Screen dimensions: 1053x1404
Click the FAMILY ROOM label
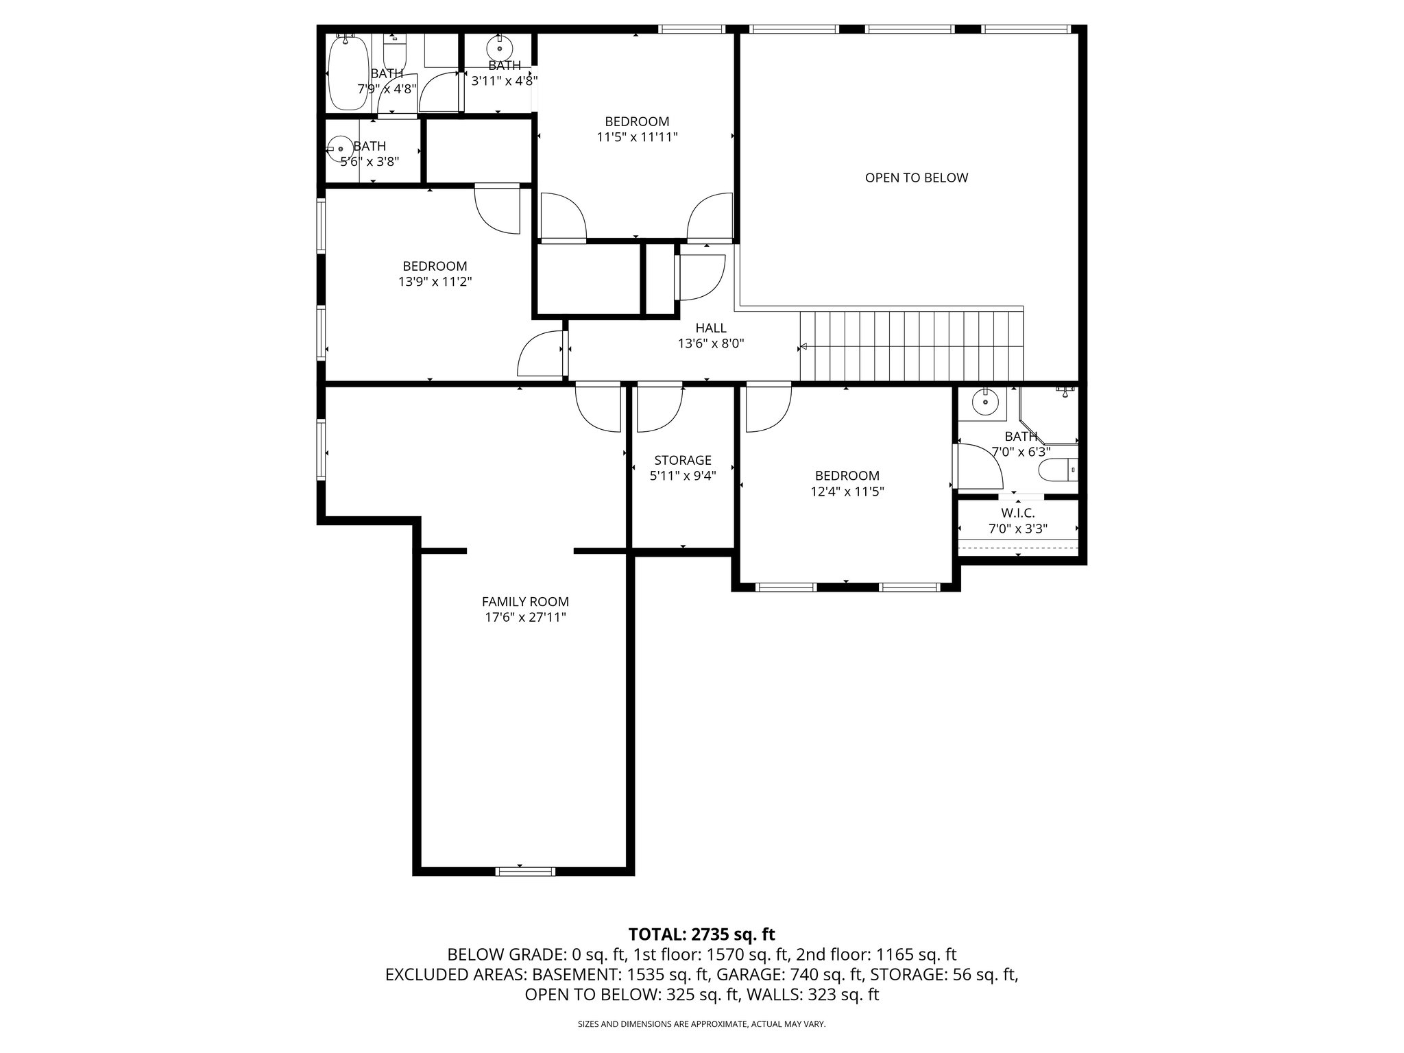525,602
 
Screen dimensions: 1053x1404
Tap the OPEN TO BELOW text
916,178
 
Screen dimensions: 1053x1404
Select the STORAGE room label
682,461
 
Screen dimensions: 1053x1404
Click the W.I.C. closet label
1017,513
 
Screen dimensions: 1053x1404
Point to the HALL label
711,328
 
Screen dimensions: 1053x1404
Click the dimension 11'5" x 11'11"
637,137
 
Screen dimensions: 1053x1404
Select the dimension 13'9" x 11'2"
435,282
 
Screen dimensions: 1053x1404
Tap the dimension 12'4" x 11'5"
847,492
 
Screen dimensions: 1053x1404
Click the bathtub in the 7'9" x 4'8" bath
348,73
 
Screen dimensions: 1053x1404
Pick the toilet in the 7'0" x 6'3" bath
1058,470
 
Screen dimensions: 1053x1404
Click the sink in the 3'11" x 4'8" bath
499,48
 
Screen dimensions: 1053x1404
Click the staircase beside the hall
912,346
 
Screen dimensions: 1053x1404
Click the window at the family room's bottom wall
525,871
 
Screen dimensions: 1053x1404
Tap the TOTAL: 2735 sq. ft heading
701,934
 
